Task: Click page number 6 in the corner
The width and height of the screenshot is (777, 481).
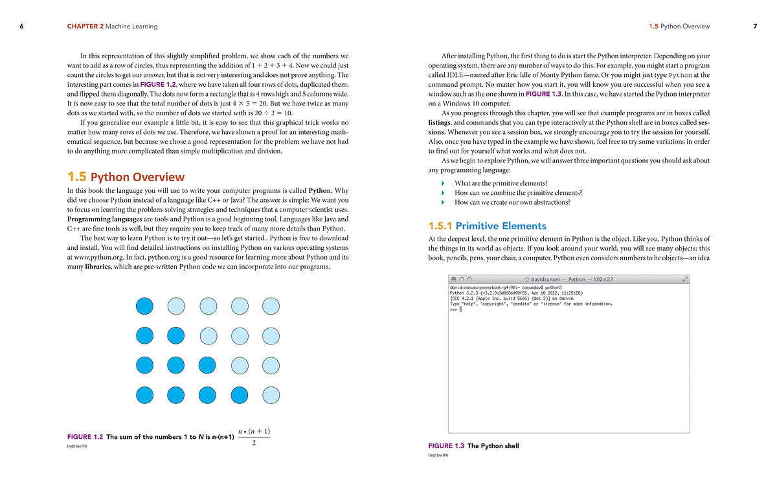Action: [x=21, y=27]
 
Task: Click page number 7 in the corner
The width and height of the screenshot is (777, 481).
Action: [x=755, y=27]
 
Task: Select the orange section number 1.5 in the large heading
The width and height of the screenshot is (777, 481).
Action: [x=77, y=177]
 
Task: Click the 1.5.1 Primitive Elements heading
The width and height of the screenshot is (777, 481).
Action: [x=487, y=226]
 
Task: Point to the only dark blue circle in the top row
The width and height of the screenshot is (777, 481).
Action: [x=144, y=306]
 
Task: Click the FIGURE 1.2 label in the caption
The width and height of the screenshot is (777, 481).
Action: [x=85, y=437]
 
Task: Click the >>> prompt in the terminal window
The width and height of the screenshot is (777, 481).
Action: [x=454, y=309]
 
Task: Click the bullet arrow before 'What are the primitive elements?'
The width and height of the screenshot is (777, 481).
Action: [x=444, y=183]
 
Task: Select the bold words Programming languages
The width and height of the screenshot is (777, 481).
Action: [x=106, y=219]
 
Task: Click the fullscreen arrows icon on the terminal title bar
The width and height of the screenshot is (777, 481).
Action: [x=684, y=279]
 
